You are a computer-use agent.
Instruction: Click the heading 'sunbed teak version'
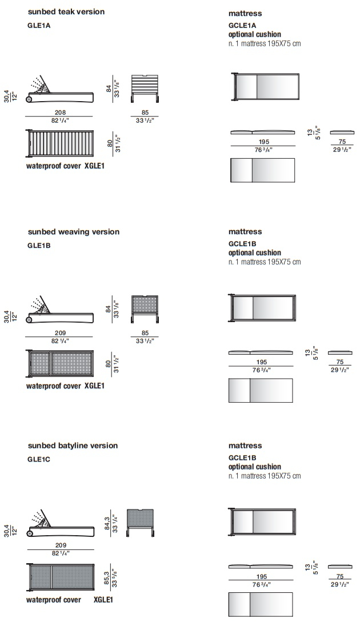tap(66, 11)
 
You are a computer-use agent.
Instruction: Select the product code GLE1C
tap(39, 459)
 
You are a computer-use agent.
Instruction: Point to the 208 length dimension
tap(61, 113)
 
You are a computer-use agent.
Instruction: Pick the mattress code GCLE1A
tap(242, 25)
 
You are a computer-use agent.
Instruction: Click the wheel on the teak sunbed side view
tap(29, 99)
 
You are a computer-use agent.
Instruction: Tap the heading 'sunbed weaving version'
tap(74, 232)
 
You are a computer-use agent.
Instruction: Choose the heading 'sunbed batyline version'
tap(73, 446)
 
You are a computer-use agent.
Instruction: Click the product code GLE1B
tap(39, 245)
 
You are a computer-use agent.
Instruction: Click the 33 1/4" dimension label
tap(115, 523)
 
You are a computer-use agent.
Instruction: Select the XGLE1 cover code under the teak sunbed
tap(94, 166)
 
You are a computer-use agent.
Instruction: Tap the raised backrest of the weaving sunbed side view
tap(43, 305)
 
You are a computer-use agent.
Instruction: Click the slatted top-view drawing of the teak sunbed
tap(59, 144)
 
